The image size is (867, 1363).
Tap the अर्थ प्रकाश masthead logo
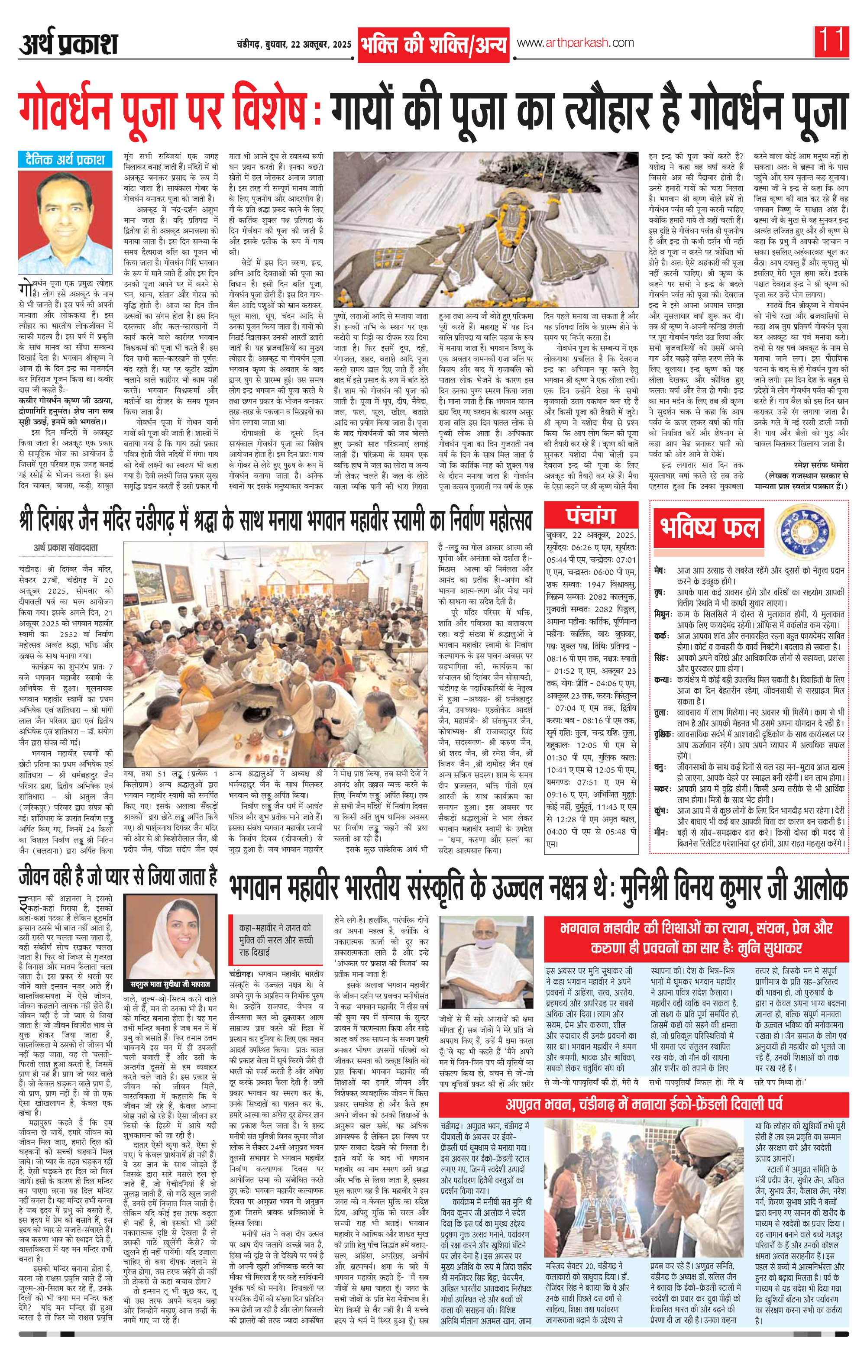point(68,45)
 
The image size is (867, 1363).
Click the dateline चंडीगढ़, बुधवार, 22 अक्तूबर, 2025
point(294,44)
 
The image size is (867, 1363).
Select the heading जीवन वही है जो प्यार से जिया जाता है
point(117,888)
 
